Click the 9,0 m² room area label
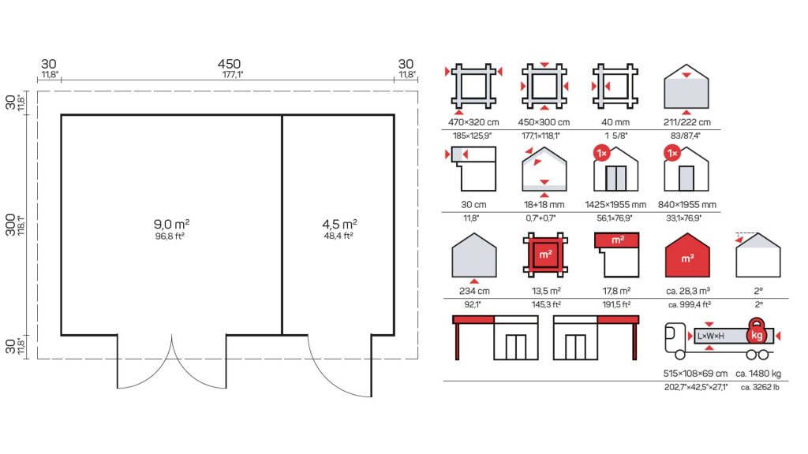click(x=171, y=224)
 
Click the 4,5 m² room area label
click(x=339, y=224)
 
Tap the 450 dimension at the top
click(x=229, y=64)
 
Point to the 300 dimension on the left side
click(x=10, y=225)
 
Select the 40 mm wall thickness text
click(x=615, y=122)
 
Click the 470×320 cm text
click(x=473, y=122)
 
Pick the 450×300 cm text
click(x=544, y=122)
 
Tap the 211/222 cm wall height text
click(x=687, y=122)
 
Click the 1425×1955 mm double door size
click(x=615, y=205)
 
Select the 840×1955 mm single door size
click(x=687, y=205)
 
